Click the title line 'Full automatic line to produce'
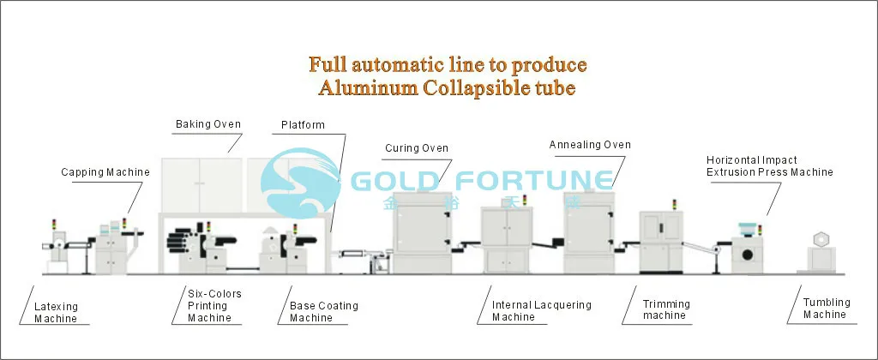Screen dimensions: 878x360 click(447, 64)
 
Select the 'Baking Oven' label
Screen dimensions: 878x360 click(208, 124)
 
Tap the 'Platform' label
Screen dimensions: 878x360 click(303, 125)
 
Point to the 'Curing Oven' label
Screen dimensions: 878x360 click(417, 148)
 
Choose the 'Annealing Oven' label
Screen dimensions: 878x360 click(590, 145)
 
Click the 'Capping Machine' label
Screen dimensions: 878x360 click(105, 172)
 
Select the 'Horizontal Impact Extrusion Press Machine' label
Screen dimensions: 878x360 click(769, 166)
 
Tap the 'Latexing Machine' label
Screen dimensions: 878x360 click(56, 312)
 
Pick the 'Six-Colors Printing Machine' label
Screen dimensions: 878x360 click(213, 306)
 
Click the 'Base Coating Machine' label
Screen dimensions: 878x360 click(323, 312)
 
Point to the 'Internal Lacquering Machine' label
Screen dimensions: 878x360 click(541, 311)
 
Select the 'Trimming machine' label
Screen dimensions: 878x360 click(666, 309)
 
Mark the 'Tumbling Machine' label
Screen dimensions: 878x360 click(826, 309)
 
